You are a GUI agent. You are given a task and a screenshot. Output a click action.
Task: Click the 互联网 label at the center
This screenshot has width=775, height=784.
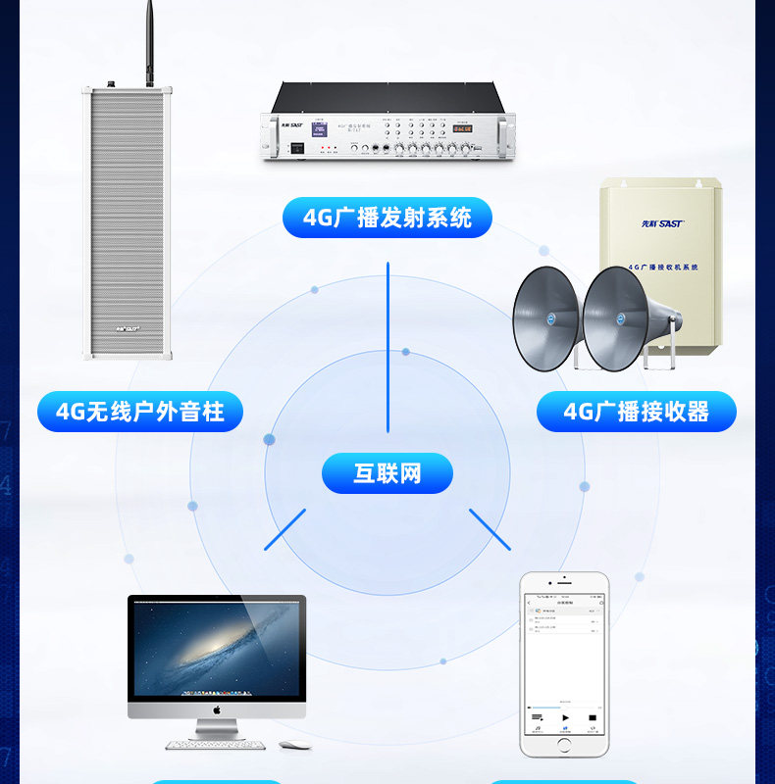click(x=387, y=473)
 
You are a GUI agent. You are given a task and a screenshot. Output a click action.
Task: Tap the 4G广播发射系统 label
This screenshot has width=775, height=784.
click(x=387, y=218)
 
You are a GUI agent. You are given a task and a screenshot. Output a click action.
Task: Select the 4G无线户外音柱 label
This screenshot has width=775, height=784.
click(x=139, y=412)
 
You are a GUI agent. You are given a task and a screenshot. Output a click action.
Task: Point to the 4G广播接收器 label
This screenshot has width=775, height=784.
click(x=636, y=412)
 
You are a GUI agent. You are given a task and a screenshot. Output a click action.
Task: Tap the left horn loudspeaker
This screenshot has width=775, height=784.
click(x=547, y=318)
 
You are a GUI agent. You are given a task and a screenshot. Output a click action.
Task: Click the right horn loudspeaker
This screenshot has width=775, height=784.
click(x=618, y=318)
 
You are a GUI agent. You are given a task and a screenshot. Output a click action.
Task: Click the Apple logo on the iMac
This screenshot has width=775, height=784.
click(x=216, y=709)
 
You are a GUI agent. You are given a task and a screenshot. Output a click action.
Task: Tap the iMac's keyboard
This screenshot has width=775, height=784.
click(x=216, y=745)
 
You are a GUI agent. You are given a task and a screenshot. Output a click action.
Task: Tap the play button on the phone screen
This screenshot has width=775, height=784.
click(x=564, y=718)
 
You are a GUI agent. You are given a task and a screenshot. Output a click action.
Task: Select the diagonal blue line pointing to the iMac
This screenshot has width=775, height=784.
click(x=284, y=529)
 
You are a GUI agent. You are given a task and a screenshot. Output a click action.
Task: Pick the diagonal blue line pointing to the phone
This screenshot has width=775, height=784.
click(x=490, y=529)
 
